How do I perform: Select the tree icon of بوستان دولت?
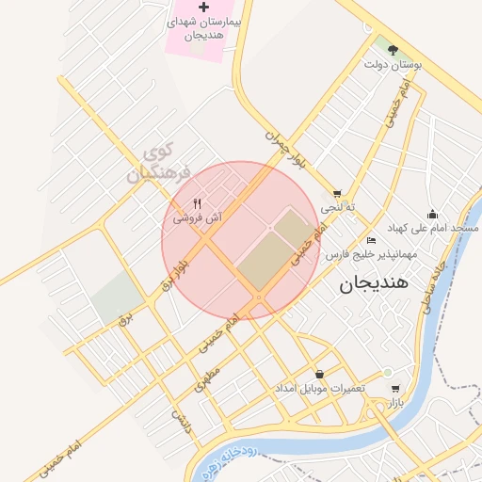click(x=393, y=51)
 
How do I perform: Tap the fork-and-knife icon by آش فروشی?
click(x=198, y=203)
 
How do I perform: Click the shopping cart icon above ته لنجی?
click(x=337, y=194)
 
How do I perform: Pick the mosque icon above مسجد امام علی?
click(x=432, y=214)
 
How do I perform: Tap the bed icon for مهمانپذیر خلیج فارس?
click(x=371, y=239)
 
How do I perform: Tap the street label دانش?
click(x=181, y=419)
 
